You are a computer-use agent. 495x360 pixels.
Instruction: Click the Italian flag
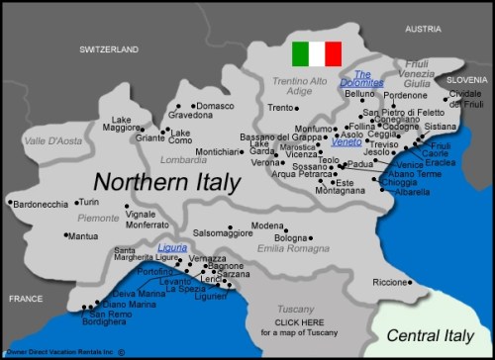click(317, 53)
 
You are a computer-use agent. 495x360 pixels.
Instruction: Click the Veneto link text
click(347, 142)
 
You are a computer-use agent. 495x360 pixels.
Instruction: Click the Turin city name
click(88, 201)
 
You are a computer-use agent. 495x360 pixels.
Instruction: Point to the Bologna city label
click(291, 238)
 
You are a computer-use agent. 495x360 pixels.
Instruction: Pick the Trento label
click(281, 107)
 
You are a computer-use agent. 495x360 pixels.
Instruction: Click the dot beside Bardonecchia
click(10, 204)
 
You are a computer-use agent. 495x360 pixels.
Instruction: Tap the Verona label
click(264, 162)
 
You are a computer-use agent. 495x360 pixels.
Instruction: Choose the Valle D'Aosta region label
click(48, 141)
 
